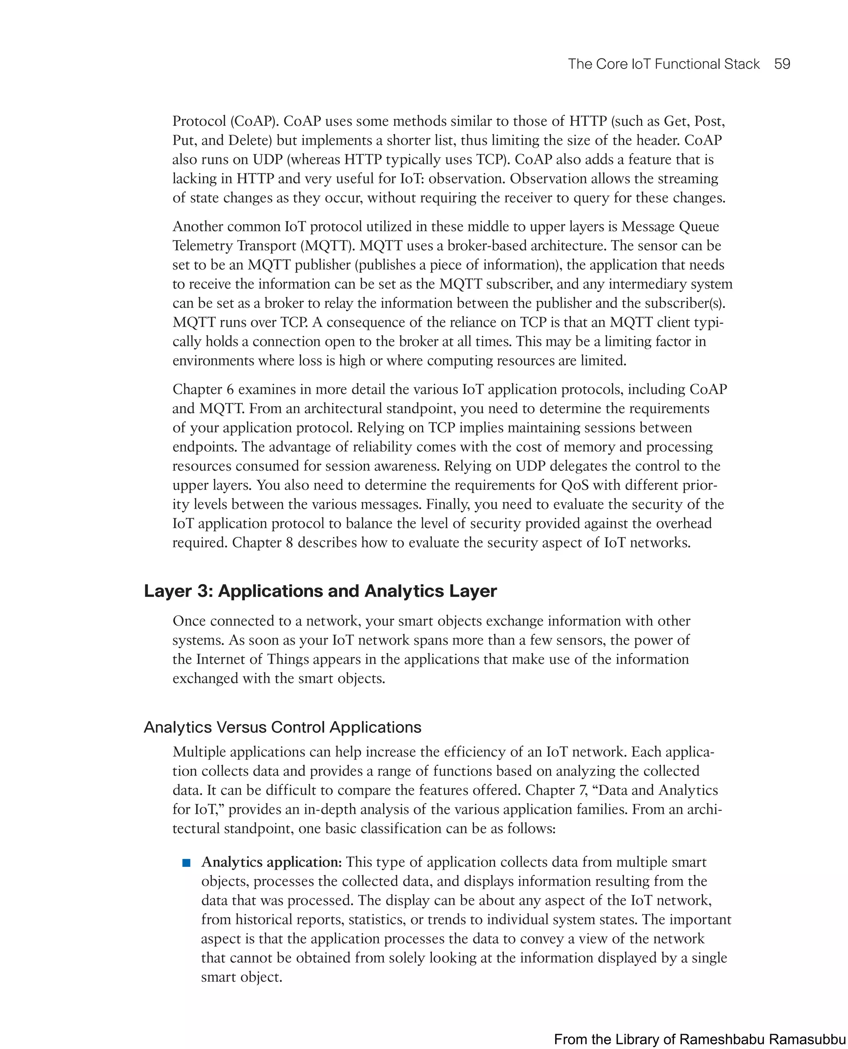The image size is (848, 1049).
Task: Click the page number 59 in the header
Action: pyautogui.click(x=782, y=64)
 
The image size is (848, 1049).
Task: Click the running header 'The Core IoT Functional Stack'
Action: pyautogui.click(x=663, y=64)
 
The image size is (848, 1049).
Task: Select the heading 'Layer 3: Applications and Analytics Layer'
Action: pyautogui.click(x=320, y=591)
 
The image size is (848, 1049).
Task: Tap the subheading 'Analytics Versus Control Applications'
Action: pyautogui.click(x=282, y=727)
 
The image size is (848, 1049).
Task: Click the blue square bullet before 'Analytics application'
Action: pyautogui.click(x=186, y=863)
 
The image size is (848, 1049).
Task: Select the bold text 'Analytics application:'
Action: pyautogui.click(x=272, y=862)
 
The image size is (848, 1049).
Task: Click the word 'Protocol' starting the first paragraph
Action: pyautogui.click(x=199, y=121)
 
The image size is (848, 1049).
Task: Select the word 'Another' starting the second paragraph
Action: pyautogui.click(x=198, y=226)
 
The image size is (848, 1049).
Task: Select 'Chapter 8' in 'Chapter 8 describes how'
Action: pyautogui.click(x=262, y=543)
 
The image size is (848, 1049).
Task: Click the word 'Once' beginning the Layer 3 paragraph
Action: pyautogui.click(x=190, y=621)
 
